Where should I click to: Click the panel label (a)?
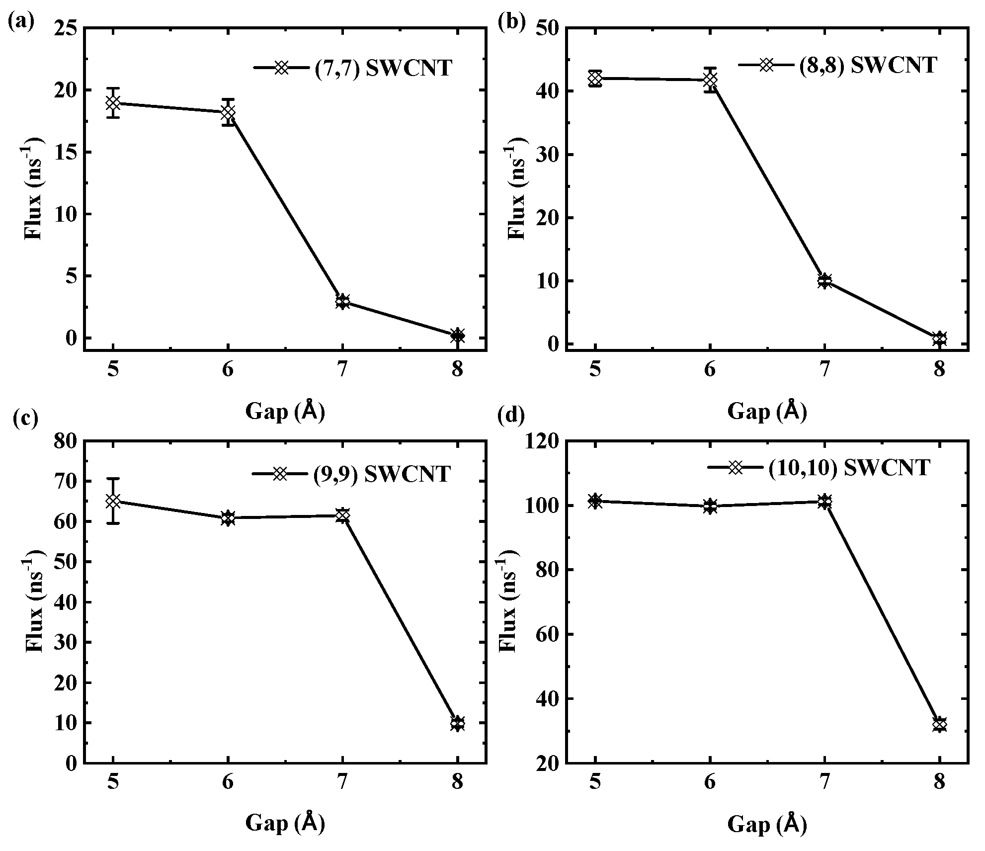21,22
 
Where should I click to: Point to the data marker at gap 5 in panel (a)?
113,103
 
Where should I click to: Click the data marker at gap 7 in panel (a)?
342,301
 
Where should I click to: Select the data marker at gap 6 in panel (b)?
710,80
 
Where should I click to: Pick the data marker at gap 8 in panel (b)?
939,339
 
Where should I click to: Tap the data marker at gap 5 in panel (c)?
113,501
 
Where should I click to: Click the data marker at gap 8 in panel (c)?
458,723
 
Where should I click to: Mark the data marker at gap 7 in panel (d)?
825,502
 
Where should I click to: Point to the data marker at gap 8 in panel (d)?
939,724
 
